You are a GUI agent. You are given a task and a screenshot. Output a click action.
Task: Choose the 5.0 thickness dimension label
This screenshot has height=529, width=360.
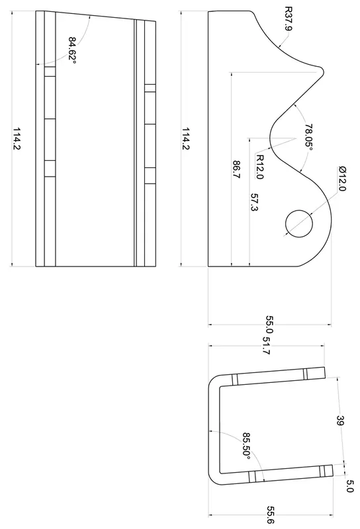pos(350,486)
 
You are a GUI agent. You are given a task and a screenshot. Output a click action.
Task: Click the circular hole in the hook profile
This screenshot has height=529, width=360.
pos(298,222)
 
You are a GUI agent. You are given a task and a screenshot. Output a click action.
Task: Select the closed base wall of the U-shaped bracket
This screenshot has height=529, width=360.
pos(213,430)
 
